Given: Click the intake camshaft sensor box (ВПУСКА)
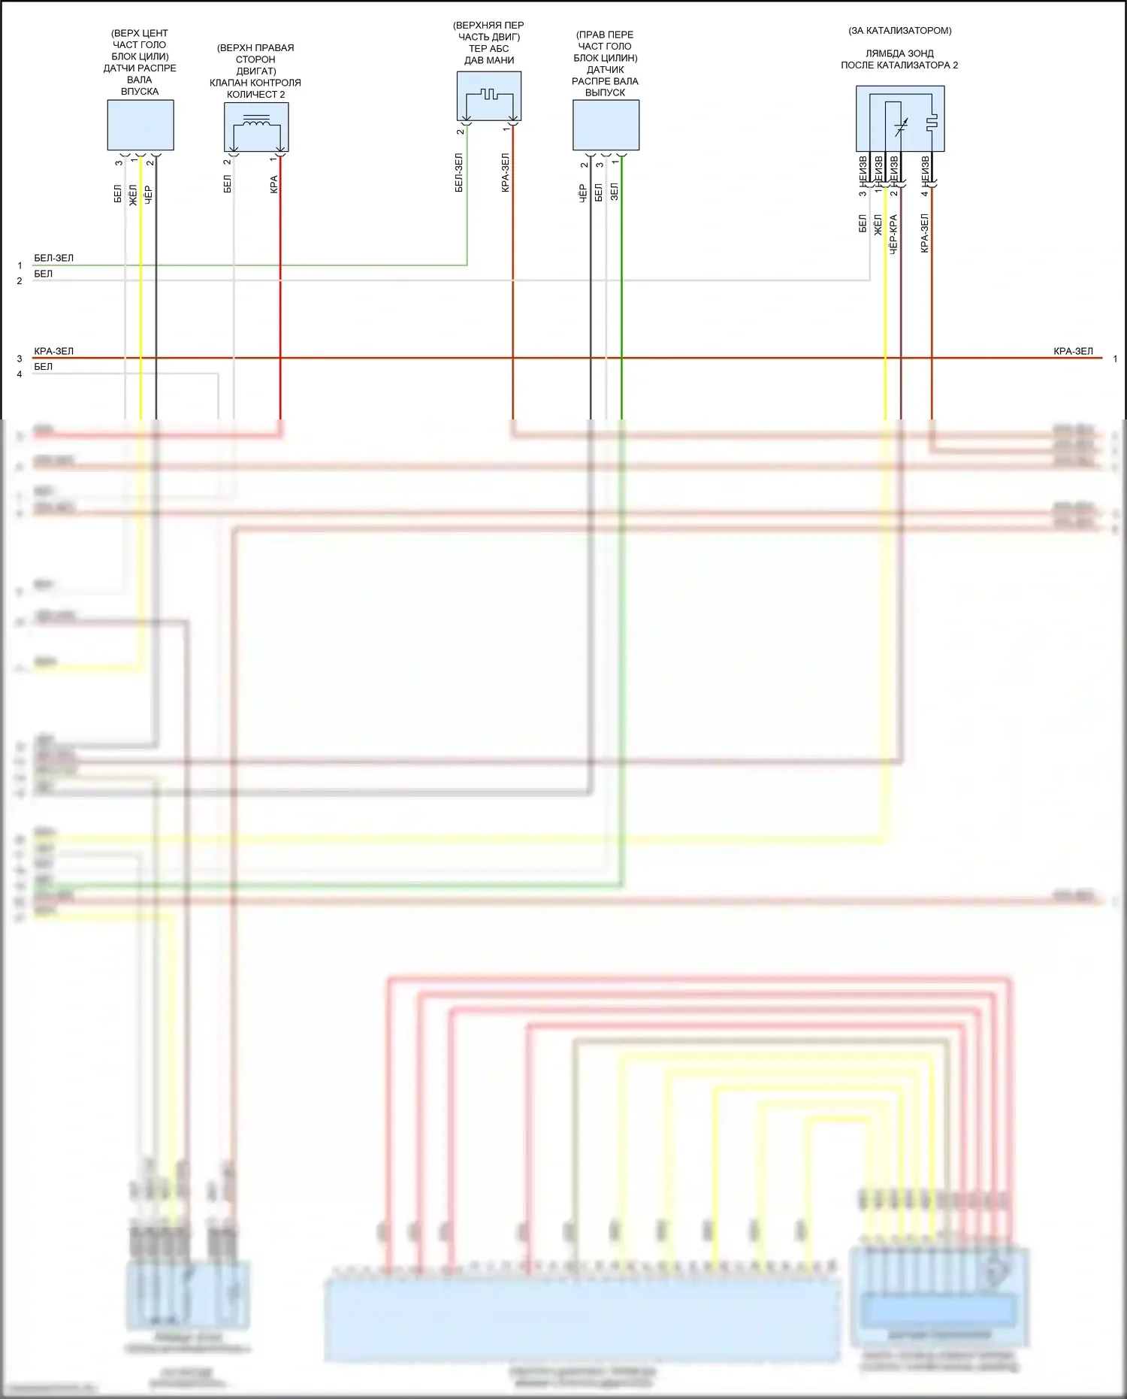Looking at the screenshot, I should (140, 125).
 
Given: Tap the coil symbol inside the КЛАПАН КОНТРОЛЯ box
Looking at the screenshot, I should (256, 121).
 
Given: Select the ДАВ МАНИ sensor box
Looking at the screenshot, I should (489, 95).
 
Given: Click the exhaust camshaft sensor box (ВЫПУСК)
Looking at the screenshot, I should (606, 125).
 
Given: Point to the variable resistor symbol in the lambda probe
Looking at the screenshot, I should (901, 128).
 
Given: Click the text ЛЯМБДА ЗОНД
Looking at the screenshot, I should (899, 54).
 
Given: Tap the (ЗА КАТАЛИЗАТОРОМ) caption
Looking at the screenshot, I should (899, 31).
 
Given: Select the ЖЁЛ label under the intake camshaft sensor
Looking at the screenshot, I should (133, 195).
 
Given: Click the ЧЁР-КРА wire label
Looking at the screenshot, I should (893, 234).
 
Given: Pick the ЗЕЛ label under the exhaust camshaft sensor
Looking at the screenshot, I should (614, 191).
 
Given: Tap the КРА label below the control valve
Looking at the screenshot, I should (273, 184).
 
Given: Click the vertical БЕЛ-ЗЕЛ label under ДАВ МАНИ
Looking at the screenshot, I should (459, 173).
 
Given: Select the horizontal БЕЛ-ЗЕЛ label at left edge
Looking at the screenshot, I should (54, 258).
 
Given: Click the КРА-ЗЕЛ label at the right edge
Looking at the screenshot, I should (1073, 351).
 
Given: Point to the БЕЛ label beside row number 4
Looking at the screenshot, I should (44, 367).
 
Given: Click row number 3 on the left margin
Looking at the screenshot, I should (20, 359).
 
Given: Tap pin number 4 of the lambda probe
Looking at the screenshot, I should (924, 193).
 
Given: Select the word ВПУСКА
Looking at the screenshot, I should (140, 92).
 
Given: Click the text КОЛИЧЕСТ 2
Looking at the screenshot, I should (255, 95).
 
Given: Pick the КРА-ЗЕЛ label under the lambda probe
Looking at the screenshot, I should (924, 232).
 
